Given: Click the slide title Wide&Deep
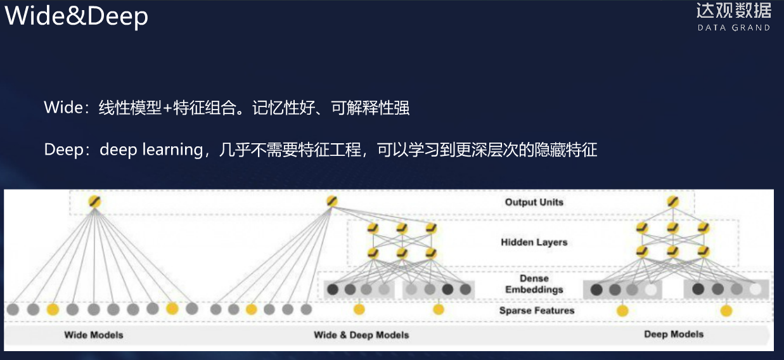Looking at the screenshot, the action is coord(76,16).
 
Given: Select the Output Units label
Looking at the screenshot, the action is coord(534,202).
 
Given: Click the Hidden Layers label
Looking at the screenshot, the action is coord(534,242).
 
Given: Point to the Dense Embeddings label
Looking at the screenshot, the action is coord(534,284).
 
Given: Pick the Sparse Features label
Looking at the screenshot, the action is coord(536,311).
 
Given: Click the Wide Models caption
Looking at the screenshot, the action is coord(93,335).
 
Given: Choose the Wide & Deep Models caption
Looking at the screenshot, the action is coord(361,335).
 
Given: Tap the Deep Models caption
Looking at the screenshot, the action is coord(674,334).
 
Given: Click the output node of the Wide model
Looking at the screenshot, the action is coord(94,202).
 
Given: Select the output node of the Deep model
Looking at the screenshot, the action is coord(673,202).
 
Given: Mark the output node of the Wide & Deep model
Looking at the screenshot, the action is coord(331,202).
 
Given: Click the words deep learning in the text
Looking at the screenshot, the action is coord(150,150).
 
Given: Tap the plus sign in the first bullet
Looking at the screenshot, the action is coord(167,108).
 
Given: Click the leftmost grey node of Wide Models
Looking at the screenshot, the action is coord(13,310).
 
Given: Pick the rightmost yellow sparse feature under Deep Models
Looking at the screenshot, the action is coord(726,311).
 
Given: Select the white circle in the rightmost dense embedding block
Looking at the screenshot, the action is coord(755,290).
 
